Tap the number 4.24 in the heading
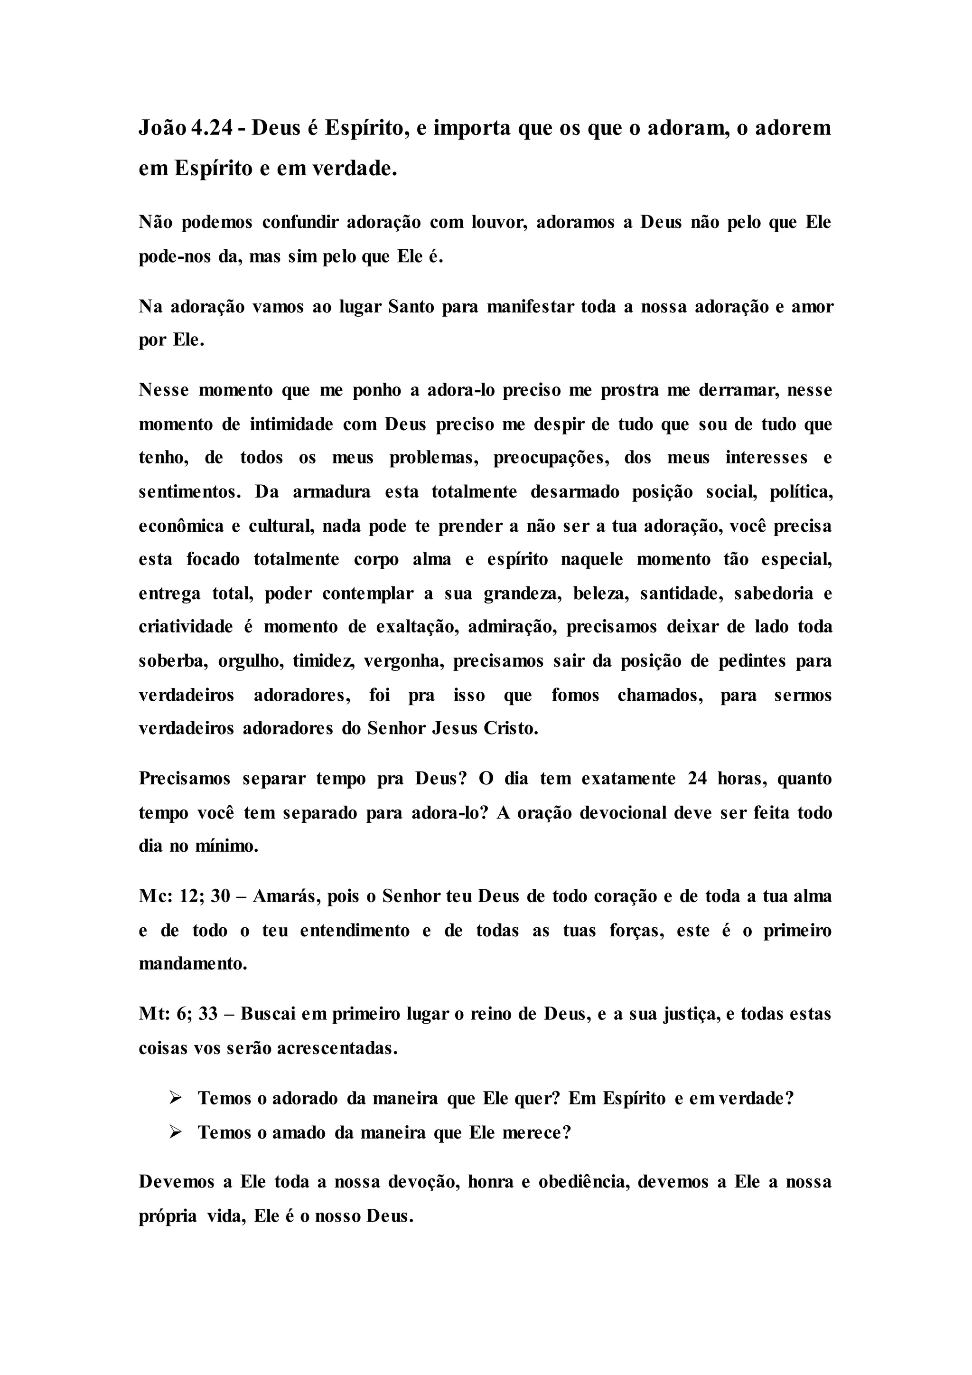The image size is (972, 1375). point(211,128)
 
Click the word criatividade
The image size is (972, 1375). point(186,627)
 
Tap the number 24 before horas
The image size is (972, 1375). point(697,779)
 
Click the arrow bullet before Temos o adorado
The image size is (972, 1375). point(175,1098)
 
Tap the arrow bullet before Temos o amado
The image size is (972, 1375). point(175,1132)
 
